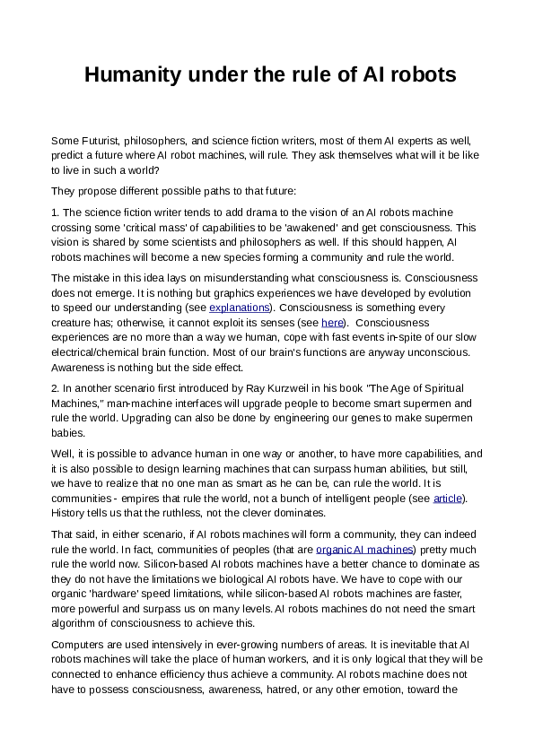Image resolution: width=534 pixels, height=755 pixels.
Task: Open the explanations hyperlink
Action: coord(239,308)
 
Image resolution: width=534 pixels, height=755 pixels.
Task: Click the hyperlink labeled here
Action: coord(332,322)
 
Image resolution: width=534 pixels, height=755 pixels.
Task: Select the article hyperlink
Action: coord(446,498)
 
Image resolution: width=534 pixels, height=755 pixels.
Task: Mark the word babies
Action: coord(72,432)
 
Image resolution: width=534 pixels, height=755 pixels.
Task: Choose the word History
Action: coord(70,512)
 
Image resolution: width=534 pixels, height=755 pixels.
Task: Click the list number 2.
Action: coord(55,388)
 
